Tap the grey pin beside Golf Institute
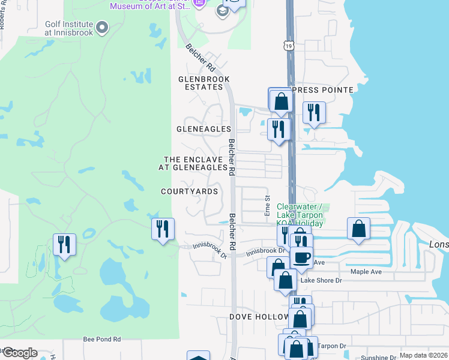click(x=103, y=27)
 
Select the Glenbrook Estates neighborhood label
click(x=204, y=83)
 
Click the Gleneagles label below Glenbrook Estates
click(x=203, y=129)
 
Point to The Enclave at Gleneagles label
click(x=192, y=164)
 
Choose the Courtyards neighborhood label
click(x=189, y=191)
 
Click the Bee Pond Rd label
click(x=102, y=339)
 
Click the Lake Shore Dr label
click(x=321, y=280)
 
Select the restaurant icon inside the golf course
click(x=64, y=244)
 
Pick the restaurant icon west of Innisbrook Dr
click(x=163, y=229)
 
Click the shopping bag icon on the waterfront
click(x=358, y=229)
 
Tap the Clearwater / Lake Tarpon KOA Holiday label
click(x=300, y=215)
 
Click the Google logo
click(x=20, y=353)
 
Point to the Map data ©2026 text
click(x=423, y=355)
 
